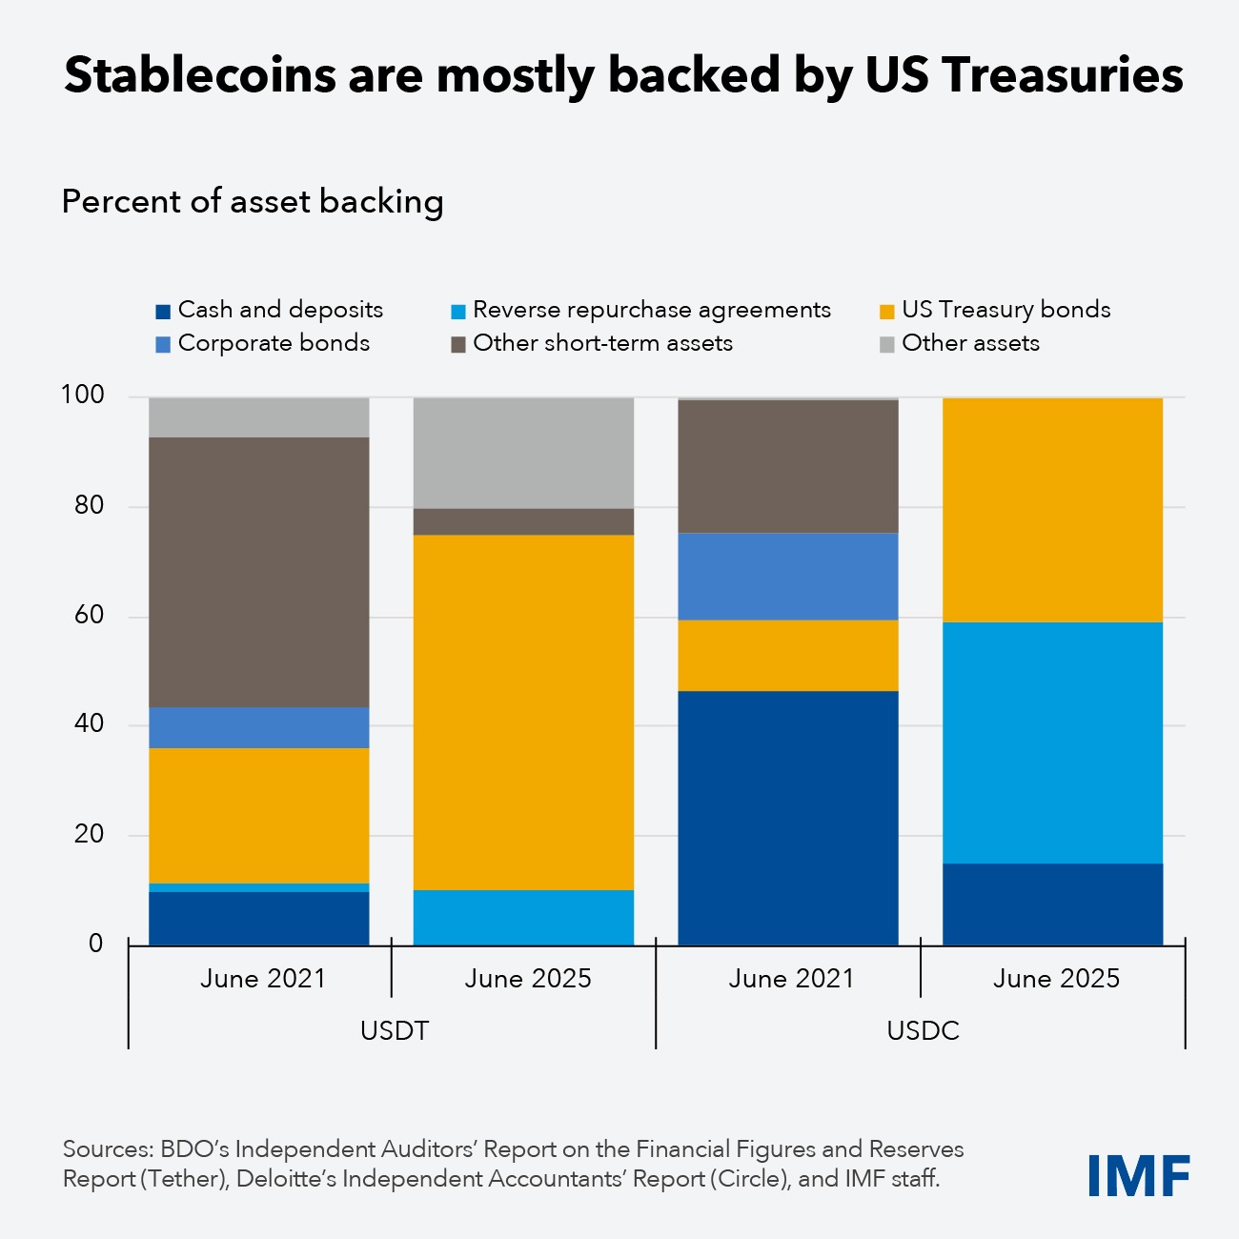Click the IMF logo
1139,1175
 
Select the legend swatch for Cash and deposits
163,312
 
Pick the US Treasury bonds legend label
1005,310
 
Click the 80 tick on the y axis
89,505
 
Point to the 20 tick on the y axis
89,834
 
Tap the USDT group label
394,1031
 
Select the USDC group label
922,1031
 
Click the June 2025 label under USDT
527,979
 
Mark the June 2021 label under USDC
791,979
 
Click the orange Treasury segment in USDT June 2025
523,712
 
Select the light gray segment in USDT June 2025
523,453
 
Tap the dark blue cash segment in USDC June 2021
787,818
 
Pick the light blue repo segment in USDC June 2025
1052,742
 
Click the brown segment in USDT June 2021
259,572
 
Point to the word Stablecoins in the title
199,75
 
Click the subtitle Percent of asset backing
253,202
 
